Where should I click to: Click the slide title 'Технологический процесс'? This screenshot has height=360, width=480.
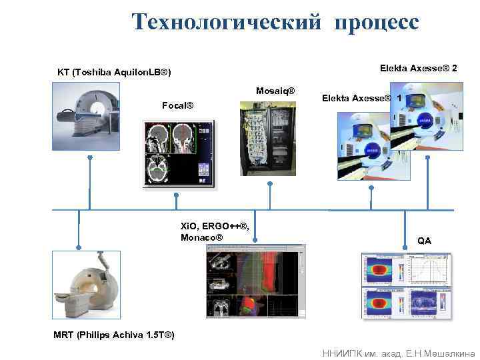[275, 22]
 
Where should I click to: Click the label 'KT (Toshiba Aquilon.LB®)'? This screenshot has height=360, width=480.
[114, 72]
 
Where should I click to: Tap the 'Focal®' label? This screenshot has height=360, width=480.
[178, 105]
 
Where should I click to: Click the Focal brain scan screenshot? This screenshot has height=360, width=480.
[178, 154]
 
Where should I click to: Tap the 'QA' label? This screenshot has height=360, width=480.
[424, 241]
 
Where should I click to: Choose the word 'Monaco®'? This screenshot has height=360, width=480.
[201, 237]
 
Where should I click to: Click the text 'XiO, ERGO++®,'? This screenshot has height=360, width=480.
[215, 226]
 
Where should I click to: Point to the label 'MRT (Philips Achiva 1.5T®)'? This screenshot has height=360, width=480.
[114, 335]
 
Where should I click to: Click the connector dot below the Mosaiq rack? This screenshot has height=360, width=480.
[269, 183]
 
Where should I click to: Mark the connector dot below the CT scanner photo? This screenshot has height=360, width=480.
[89, 158]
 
